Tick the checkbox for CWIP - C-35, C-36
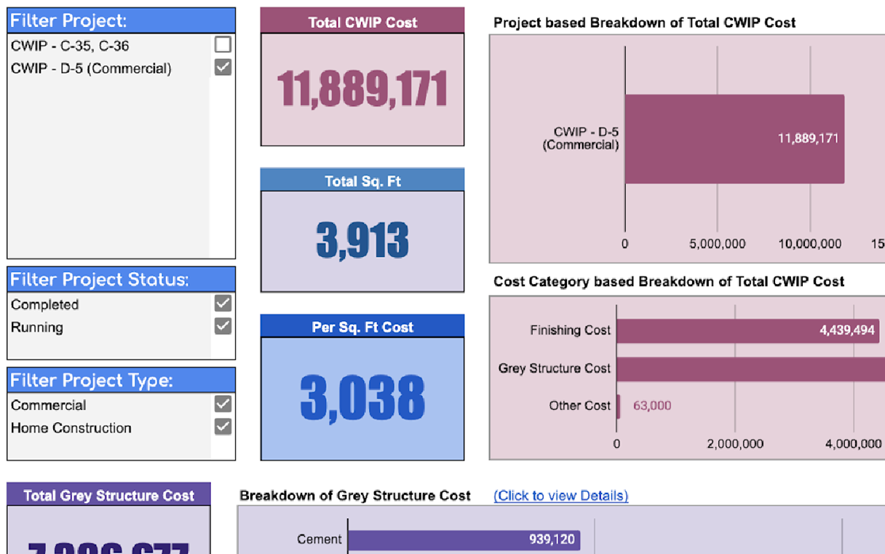click(223, 45)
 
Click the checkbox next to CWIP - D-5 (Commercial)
click(223, 68)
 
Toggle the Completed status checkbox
click(223, 304)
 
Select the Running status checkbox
click(223, 326)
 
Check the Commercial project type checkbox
click(223, 404)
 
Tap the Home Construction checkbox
click(223, 427)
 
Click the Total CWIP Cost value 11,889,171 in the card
click(362, 90)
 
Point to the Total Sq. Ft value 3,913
click(362, 240)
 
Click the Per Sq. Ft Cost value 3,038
click(362, 398)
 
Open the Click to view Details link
click(560, 496)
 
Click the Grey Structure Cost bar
click(750, 368)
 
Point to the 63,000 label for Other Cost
click(652, 406)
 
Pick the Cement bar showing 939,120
click(464, 539)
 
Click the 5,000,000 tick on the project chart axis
click(718, 244)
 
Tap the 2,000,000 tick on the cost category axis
click(735, 444)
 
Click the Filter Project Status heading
click(99, 280)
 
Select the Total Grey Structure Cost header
click(108, 496)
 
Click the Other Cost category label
click(579, 406)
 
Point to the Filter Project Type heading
click(92, 380)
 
